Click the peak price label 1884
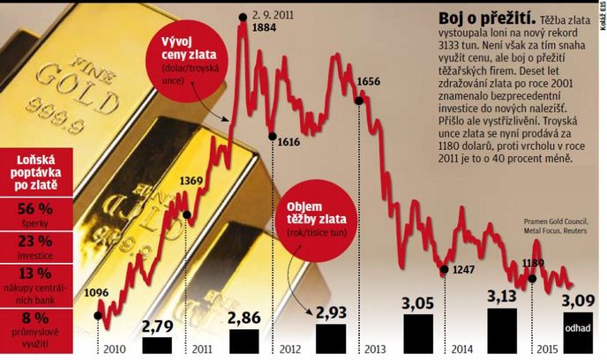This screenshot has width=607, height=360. [x=264, y=27]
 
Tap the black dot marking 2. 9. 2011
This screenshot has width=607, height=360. [x=243, y=17]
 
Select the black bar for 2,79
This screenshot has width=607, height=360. [x=157, y=345]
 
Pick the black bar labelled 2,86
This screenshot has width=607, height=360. [x=244, y=341]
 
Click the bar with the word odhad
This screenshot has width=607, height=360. [x=578, y=333]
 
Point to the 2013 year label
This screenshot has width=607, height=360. [x=375, y=349]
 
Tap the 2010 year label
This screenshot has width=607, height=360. [x=115, y=349]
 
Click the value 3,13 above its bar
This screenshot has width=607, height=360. [x=502, y=296]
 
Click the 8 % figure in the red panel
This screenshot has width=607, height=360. [x=35, y=318]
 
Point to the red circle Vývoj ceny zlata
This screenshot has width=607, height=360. [x=187, y=61]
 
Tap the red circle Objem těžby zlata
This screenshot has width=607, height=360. [x=317, y=220]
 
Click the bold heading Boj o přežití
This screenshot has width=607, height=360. [x=487, y=19]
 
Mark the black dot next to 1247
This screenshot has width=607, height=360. [x=445, y=269]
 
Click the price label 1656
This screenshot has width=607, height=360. [x=369, y=82]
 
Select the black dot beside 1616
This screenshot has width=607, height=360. [x=272, y=136]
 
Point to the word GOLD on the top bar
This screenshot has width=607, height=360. [x=78, y=90]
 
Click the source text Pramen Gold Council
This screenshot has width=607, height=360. [x=556, y=221]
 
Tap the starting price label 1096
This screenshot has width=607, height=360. [x=96, y=293]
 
